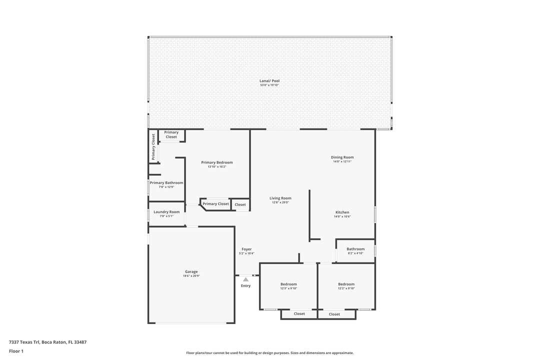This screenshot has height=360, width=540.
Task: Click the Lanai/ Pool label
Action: coord(269,80)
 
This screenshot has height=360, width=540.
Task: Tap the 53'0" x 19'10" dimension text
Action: coord(269,85)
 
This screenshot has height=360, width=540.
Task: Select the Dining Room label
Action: coord(342,157)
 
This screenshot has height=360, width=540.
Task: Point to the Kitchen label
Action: coord(342,212)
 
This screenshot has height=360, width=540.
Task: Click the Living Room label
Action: coord(280,198)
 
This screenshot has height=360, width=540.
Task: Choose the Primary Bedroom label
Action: coord(217,162)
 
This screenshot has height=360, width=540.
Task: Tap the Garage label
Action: coord(191,271)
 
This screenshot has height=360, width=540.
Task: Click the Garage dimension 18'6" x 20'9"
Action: coord(191,276)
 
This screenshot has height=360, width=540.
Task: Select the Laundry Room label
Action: coord(166,212)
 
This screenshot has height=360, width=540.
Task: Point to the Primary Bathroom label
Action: coord(166,183)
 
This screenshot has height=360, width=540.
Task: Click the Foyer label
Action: coord(246,249)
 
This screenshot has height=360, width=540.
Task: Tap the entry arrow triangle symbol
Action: coord(245,279)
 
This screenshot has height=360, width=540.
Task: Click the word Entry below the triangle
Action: coord(245,285)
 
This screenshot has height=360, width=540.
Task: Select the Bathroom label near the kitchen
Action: coord(355,249)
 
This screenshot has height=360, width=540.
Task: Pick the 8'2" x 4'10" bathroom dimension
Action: coord(355,253)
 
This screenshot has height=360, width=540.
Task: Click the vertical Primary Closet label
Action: coord(153,146)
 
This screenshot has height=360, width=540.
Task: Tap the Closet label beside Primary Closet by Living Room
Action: coord(240,204)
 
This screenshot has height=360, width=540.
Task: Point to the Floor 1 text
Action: coord(16,351)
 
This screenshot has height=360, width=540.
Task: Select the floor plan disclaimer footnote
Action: coord(269,353)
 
